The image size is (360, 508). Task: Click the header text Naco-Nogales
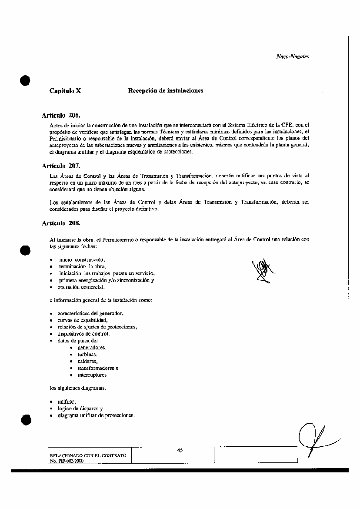click(292, 56)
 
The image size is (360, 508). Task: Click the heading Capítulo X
click(65, 91)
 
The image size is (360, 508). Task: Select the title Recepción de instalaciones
click(165, 90)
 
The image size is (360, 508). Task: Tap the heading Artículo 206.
click(61, 116)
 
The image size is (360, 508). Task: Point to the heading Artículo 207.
click(61, 166)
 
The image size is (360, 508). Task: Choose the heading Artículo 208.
click(61, 223)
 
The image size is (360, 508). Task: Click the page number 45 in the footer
click(180, 451)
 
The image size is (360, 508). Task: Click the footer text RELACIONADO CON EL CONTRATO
click(88, 455)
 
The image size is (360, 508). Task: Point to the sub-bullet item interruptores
click(92, 375)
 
